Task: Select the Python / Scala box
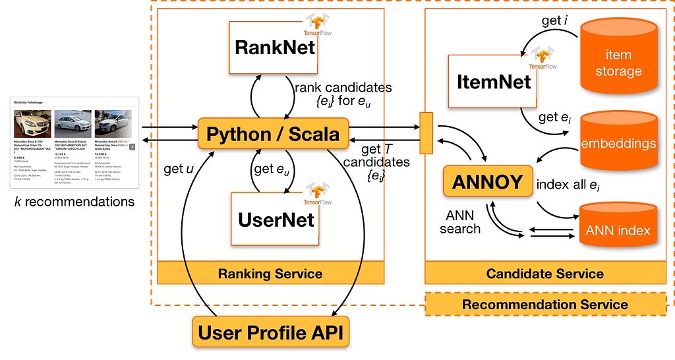coord(273,134)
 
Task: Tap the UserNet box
coord(275,219)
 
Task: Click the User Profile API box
coord(271,333)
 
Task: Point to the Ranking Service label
coord(270,274)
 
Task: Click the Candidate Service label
coord(545,274)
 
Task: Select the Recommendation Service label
coord(545,305)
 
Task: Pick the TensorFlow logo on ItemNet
coord(545,58)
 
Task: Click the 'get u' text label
coord(178,169)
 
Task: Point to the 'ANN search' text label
coord(460,222)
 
